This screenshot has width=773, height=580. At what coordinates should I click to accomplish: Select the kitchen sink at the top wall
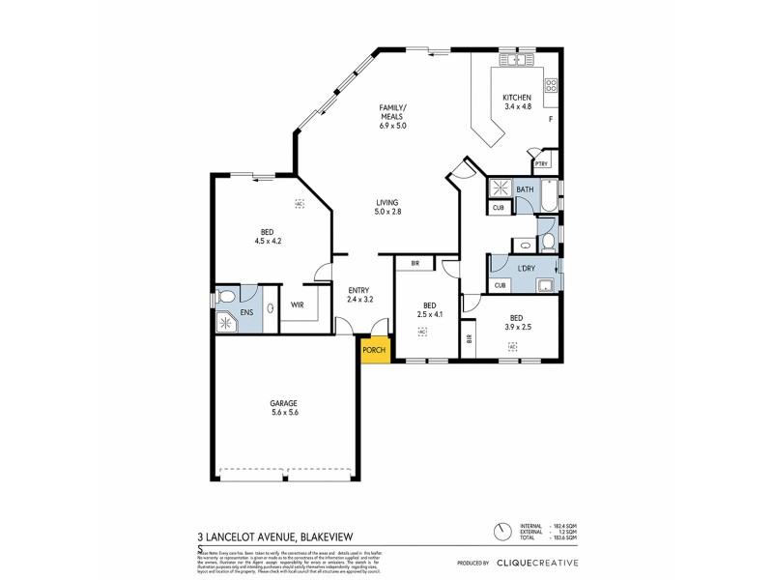pos(517,59)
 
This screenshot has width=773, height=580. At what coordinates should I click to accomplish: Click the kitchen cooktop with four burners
pos(551,88)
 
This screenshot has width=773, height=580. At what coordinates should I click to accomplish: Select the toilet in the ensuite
pos(224,297)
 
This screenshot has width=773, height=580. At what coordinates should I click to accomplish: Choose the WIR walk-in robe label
pos(298,304)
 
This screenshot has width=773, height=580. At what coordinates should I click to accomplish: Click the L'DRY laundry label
pos(527,268)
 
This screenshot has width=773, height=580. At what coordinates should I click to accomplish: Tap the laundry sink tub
pos(545,283)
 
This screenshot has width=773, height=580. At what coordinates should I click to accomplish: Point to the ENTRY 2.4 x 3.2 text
pos(359,294)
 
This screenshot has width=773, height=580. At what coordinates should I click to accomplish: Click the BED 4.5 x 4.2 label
pos(267,236)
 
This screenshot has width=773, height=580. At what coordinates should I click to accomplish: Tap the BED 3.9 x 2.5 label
pos(517,322)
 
